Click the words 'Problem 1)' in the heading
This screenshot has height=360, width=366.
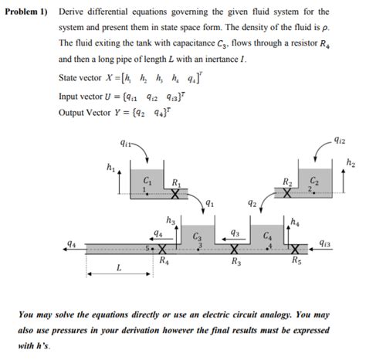pos(25,12)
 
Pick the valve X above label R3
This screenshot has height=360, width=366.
pos(233,250)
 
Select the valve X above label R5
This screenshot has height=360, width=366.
pos(297,250)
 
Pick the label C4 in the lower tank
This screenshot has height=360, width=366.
pos(267,236)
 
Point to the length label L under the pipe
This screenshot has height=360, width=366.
pos(119,269)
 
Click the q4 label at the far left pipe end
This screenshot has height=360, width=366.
pos(72,244)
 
